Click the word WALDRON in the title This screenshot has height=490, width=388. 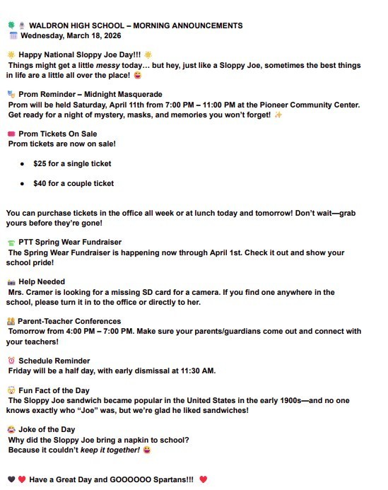tap(48, 25)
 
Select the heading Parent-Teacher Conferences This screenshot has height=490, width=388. tap(69, 321)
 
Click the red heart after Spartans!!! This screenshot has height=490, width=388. tap(204, 479)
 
